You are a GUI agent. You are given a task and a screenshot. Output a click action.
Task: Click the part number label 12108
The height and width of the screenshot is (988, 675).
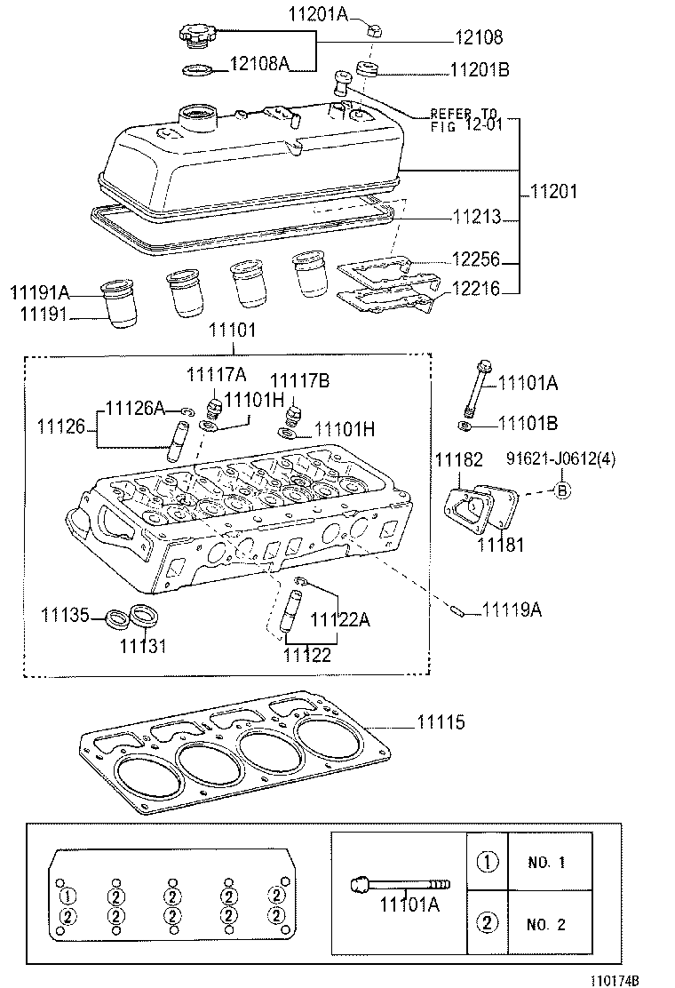[x=480, y=38]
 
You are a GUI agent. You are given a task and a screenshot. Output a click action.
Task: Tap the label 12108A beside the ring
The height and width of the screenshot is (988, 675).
[x=259, y=64]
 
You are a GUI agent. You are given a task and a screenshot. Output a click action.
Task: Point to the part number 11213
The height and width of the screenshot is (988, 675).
[x=476, y=217]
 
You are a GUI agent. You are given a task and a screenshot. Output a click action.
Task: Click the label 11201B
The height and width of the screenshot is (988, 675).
[x=480, y=70]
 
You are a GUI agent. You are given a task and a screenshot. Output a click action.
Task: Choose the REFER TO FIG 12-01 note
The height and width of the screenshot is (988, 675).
[x=466, y=119]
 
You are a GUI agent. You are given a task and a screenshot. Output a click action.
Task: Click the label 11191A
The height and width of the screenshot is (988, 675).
[x=39, y=291]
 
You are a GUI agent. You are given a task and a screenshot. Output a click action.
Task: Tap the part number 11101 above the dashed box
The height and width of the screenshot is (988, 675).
[x=233, y=331]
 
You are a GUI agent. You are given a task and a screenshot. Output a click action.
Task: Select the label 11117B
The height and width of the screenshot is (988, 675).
[x=300, y=381]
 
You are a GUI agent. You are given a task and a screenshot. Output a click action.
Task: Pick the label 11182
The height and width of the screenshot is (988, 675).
[x=458, y=459]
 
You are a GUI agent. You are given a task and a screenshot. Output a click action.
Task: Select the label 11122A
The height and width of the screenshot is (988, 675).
[x=341, y=620]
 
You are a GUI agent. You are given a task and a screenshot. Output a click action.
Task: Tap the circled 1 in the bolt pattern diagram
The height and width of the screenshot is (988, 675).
[x=70, y=895]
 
